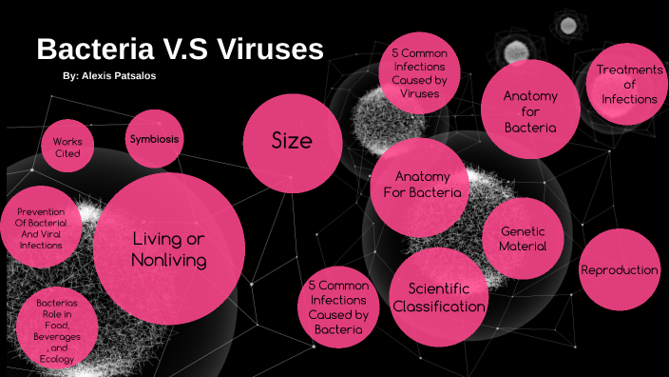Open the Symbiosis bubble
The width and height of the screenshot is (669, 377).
tap(154, 139)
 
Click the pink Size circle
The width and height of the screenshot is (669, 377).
tap(293, 141)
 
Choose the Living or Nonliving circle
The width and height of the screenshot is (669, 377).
tap(169, 248)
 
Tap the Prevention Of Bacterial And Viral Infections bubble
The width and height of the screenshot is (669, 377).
tap(40, 229)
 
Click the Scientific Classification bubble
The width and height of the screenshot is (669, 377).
tap(439, 297)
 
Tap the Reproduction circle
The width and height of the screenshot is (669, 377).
tap(619, 269)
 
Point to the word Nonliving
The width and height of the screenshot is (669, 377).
tap(169, 259)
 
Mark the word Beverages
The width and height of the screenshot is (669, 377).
tap(58, 337)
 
